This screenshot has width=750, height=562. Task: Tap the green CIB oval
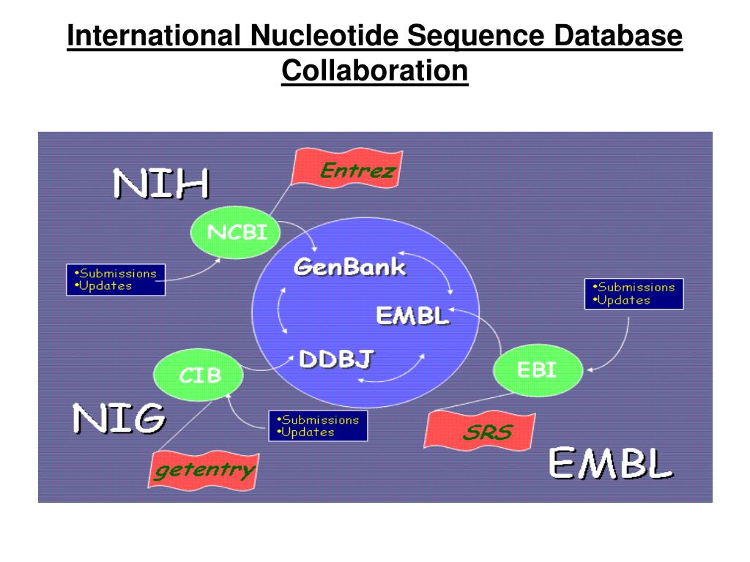(x=199, y=375)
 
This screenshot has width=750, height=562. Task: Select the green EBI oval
(x=538, y=371)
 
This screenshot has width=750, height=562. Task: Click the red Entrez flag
(x=348, y=169)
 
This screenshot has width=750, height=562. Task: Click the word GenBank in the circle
(x=349, y=266)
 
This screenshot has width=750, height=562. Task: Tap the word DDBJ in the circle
(x=336, y=359)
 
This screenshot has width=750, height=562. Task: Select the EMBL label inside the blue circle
(x=412, y=316)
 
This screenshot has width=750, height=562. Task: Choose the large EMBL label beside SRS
(x=610, y=464)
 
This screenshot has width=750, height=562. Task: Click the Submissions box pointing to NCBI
(x=116, y=280)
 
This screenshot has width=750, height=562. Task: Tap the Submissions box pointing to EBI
(x=634, y=293)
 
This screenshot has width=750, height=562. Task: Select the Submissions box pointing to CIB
(x=318, y=426)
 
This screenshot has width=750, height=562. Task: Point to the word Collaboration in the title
(x=374, y=71)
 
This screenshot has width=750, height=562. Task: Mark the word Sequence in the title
(x=474, y=36)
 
